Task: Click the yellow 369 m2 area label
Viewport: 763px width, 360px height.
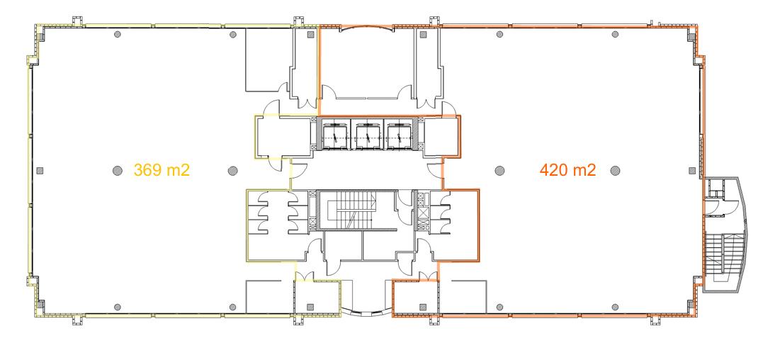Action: (162, 170)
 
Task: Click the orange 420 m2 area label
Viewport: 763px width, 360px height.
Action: (568, 170)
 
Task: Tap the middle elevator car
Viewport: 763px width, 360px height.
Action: (367, 134)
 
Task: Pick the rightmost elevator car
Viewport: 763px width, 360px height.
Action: (400, 134)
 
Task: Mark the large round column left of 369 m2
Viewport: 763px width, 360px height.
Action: (118, 170)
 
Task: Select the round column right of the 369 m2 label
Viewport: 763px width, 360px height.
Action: (233, 170)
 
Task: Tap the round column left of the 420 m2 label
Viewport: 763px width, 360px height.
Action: (499, 170)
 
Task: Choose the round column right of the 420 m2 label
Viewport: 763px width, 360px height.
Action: (615, 170)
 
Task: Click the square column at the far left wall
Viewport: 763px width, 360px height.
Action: (40, 170)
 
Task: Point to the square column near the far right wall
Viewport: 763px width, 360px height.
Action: (692, 170)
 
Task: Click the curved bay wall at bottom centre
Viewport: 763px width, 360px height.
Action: (367, 311)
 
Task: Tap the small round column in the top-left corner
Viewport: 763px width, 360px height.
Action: (118, 34)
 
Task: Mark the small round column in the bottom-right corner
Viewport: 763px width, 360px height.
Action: (615, 307)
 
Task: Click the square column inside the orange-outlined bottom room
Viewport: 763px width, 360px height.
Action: (423, 307)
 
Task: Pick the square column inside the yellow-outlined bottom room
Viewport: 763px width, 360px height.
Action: (311, 307)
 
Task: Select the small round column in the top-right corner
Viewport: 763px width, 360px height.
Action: (615, 34)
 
